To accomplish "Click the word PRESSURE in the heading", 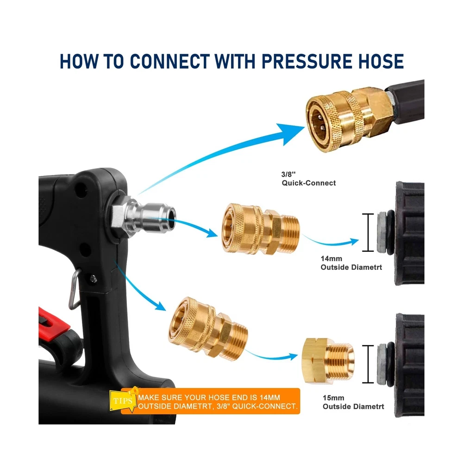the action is click(307, 62).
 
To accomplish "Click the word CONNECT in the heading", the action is click(170, 62).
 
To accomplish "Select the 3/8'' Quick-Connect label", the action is click(308, 179).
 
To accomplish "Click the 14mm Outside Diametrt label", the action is click(351, 263).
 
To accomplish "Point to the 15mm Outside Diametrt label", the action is click(353, 402).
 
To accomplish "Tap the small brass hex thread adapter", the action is click(328, 361).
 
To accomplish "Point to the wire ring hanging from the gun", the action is click(74, 289).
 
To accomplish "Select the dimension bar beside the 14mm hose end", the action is click(368, 232).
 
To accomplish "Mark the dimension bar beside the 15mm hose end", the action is click(368, 364).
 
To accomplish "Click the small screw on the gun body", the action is click(94, 278).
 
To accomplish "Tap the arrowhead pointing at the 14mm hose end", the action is click(353, 242).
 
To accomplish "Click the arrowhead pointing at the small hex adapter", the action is click(292, 357).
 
